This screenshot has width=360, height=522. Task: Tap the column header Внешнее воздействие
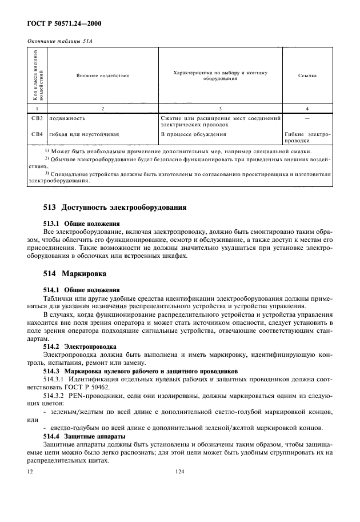103,75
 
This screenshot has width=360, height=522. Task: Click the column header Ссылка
307,75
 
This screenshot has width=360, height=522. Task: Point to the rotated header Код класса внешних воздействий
36,75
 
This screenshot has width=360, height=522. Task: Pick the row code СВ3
37,118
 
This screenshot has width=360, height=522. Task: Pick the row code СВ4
37,134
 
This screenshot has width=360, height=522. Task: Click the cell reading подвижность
67,118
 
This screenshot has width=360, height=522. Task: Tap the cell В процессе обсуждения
193,134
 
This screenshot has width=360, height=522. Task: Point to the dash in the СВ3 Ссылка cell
307,118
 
